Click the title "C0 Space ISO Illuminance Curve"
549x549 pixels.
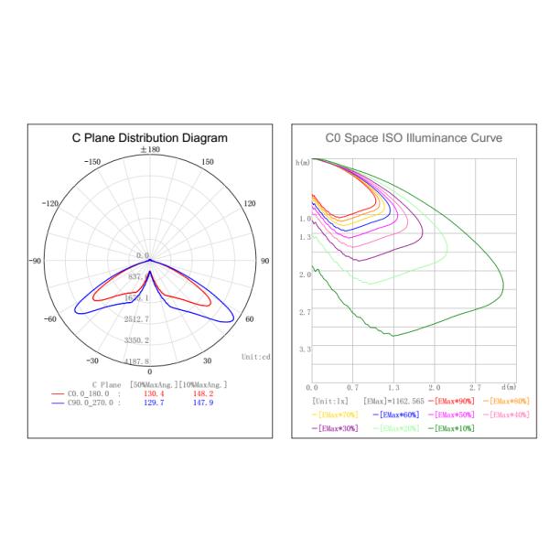pos(407,138)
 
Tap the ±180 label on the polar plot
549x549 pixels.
pos(150,149)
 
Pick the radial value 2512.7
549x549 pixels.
pos(137,319)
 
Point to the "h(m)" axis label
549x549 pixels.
pos(303,162)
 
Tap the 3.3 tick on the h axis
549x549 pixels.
pos(304,350)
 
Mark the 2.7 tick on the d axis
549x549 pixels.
pos(476,387)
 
